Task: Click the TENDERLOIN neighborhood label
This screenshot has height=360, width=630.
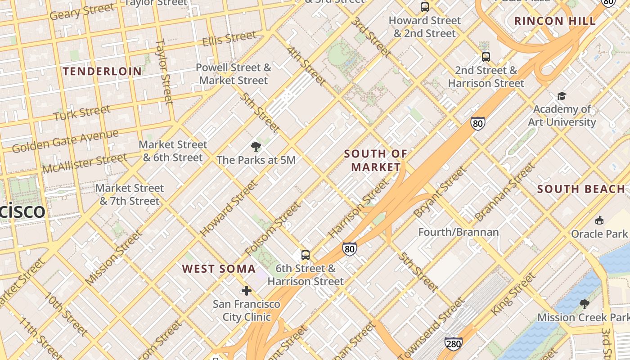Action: coord(103,71)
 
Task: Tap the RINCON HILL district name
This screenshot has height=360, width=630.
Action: coord(555,21)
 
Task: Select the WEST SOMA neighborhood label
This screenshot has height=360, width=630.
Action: coord(219,269)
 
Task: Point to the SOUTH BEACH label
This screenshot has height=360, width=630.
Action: coord(581,189)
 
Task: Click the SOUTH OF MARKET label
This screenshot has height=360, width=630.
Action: coord(376,160)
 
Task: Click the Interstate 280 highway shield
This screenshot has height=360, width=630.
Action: coord(453,344)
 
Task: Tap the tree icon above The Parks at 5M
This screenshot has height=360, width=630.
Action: coord(256,146)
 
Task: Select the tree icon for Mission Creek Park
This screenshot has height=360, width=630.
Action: coord(585,304)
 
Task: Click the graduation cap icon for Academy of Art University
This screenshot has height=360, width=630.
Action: coord(562,96)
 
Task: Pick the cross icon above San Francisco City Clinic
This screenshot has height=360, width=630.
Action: coord(247,291)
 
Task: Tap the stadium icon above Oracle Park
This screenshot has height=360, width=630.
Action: coord(599,220)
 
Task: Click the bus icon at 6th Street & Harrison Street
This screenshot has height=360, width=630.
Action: coord(306,255)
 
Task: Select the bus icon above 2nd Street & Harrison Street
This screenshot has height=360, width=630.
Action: coord(486,57)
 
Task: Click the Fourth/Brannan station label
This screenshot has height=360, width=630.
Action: coord(459,232)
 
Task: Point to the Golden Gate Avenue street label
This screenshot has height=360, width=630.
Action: coord(65,141)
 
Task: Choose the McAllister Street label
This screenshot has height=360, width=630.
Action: coord(85,163)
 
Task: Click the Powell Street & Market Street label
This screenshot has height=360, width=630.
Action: coord(234,74)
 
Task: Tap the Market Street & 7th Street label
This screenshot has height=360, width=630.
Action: coord(130,194)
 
